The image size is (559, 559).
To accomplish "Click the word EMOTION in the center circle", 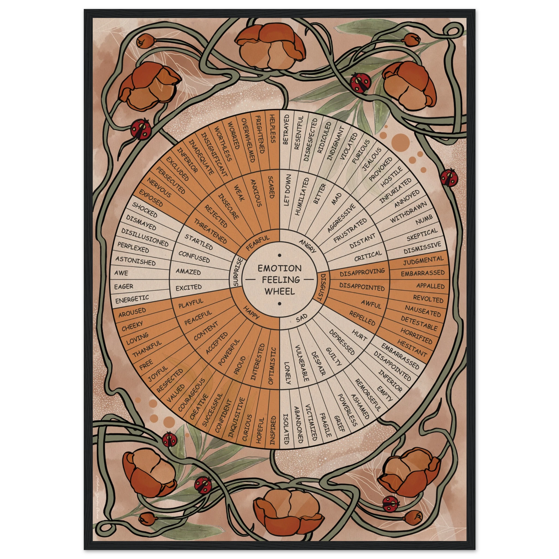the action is [279, 268].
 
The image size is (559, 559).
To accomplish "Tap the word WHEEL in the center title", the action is [280, 291].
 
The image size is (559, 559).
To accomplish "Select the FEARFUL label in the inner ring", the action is [257, 243].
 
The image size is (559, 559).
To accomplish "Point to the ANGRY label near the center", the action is [307, 246].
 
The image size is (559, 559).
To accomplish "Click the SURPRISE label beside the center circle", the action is [238, 272].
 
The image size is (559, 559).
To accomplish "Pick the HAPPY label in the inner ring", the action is [251, 312].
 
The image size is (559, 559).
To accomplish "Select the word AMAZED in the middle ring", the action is [188, 272].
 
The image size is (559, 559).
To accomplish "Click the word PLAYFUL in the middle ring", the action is [191, 303].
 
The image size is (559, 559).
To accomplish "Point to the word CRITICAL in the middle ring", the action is [368, 256].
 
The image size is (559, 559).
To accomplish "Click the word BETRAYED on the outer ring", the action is [286, 129].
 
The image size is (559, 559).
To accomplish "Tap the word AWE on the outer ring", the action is [121, 273].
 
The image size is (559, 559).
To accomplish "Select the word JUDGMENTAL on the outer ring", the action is [423, 260].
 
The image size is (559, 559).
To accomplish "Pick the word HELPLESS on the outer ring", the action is [272, 129].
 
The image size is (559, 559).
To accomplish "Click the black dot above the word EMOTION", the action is [279, 255].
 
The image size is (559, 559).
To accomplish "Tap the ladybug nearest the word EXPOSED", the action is [141, 129].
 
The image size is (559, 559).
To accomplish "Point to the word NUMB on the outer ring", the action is [424, 220].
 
